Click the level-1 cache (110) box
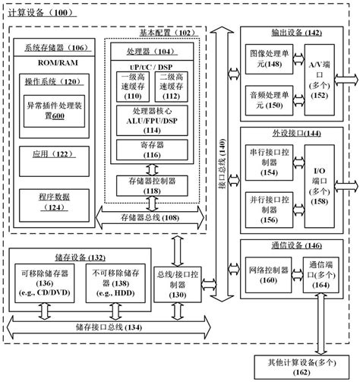pyautogui.click(x=134, y=86)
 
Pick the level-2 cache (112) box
pyautogui.click(x=173, y=86)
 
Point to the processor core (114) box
pyautogui.click(x=153, y=121)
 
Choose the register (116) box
pyautogui.click(x=153, y=149)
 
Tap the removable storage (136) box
pyautogui.click(x=47, y=284)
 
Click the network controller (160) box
pyautogui.click(x=270, y=269)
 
